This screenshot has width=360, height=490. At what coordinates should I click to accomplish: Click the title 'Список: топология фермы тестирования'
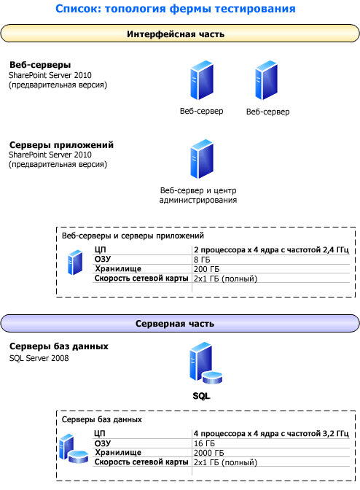175,9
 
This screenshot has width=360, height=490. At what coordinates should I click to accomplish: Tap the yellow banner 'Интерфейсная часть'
180,34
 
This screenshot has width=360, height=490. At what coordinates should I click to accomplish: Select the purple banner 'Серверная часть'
180,324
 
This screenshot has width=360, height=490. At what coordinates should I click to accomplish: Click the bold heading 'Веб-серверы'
40,65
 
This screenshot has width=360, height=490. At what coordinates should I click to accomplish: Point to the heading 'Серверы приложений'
61,145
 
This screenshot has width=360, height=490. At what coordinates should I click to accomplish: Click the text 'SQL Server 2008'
39,358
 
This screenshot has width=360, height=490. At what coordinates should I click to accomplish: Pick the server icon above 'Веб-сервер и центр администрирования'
202,159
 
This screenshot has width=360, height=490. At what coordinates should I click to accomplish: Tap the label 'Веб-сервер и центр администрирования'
198,195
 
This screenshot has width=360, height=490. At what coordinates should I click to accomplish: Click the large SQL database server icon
206,363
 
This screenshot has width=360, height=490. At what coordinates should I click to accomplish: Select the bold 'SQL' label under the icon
201,396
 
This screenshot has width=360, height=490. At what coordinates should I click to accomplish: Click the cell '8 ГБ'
202,260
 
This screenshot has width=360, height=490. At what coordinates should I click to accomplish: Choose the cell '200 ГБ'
207,269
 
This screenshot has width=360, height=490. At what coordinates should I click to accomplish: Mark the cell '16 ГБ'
205,443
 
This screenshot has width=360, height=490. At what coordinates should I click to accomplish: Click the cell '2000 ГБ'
209,453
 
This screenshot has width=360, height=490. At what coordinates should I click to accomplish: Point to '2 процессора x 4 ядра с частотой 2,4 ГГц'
271,250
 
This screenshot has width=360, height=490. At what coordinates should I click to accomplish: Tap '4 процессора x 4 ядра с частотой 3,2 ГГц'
271,434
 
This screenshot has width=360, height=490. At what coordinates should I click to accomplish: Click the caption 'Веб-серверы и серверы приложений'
133,236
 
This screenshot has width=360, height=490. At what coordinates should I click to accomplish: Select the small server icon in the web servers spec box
75,262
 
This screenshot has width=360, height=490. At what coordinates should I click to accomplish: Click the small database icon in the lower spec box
74,448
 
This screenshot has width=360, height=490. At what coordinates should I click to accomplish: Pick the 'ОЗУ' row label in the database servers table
103,443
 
